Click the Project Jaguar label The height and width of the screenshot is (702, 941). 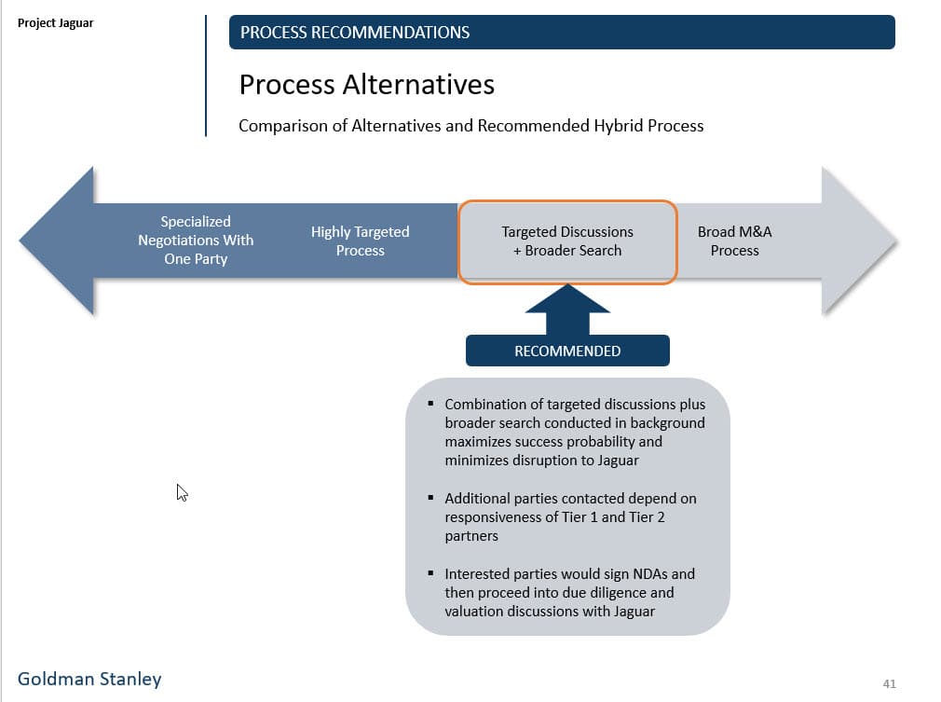pos(55,23)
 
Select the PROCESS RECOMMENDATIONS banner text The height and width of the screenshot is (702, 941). pos(355,33)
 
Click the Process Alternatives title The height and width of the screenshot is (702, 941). pos(366,85)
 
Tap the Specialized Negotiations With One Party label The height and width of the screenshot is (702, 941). pos(196,241)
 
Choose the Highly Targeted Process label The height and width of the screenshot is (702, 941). pos(360,241)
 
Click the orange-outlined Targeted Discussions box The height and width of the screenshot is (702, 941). pos(567,241)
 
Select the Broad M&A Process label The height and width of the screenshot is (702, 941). pos(734,241)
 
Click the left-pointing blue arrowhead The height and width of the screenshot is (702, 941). pos(61,241)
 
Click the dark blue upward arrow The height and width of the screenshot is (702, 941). pos(567,310)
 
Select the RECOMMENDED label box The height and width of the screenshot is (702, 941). pos(567,351)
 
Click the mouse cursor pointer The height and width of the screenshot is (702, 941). pos(182,492)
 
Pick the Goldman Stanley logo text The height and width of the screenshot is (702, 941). pos(89,679)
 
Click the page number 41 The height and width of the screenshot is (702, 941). pos(889,684)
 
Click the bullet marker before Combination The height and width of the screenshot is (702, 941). pos(430,405)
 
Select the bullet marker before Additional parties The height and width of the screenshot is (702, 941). pos(430,499)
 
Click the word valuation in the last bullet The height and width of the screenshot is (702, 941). pos(474,612)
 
